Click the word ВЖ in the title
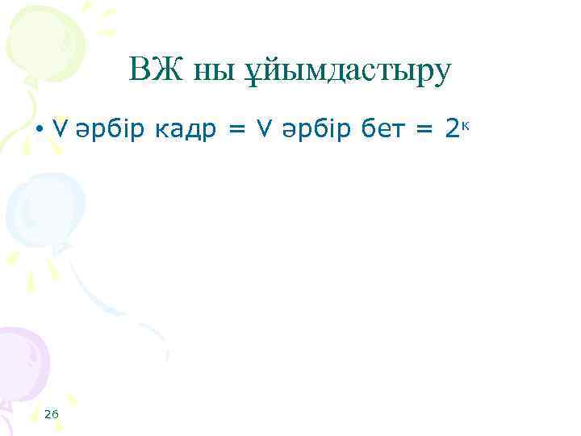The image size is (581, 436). pyautogui.click(x=150, y=72)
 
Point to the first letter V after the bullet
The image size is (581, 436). pyautogui.click(x=58, y=127)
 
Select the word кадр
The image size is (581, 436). pyautogui.click(x=178, y=128)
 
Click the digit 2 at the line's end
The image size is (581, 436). pyautogui.click(x=453, y=126)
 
